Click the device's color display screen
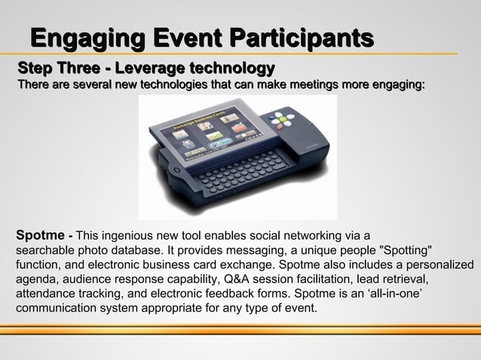coord(204,140)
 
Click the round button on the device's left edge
coord(177,170)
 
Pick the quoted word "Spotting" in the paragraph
coord(404,249)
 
